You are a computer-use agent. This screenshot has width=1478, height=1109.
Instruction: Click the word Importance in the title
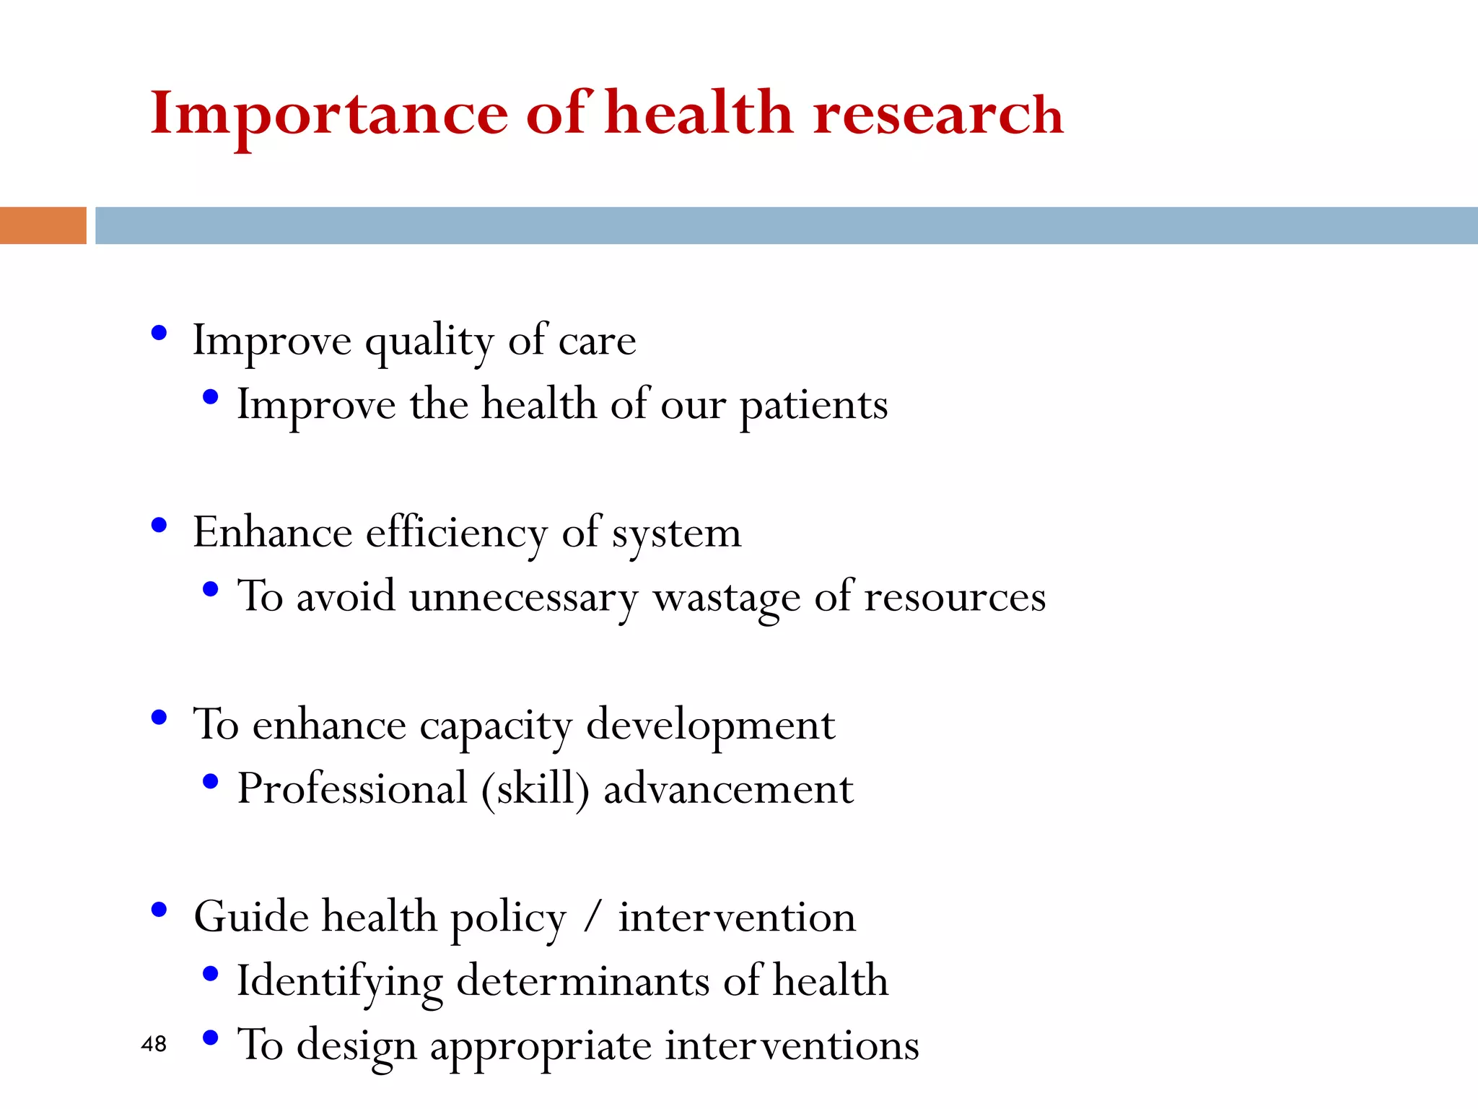tap(329, 114)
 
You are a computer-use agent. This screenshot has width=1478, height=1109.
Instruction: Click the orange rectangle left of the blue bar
tap(43, 225)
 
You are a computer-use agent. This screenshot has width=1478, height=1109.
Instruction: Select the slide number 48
tap(154, 1044)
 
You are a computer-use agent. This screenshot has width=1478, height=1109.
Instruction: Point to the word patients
tap(813, 406)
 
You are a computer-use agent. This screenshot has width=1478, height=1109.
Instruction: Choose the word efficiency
tap(457, 534)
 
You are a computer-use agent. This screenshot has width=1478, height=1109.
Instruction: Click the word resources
tap(955, 598)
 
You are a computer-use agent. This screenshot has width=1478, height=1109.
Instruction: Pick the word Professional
tap(352, 788)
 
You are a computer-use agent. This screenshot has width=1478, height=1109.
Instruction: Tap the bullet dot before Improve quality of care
tap(159, 334)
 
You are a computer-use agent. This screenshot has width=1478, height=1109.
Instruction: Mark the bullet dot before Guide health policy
tap(159, 910)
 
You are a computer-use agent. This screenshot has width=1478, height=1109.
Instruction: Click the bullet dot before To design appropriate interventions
tap(211, 1038)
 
